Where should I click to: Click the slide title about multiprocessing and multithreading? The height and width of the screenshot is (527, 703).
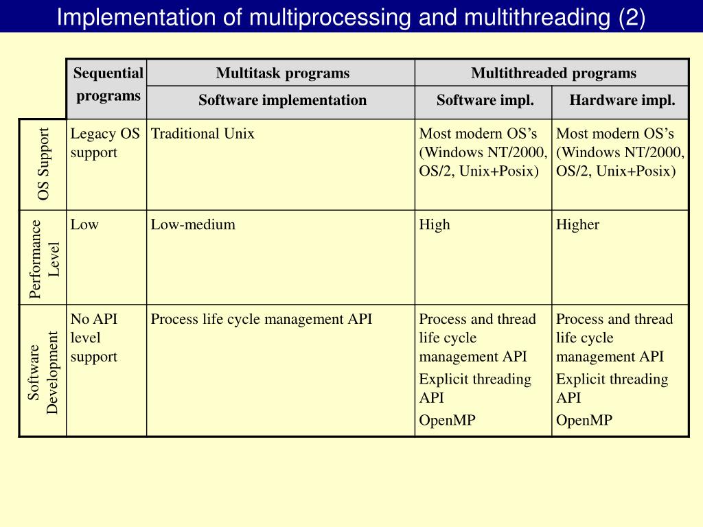(x=350, y=16)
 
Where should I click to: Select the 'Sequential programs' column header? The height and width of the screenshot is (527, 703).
(x=108, y=84)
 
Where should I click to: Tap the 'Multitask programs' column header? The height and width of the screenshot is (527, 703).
(x=282, y=73)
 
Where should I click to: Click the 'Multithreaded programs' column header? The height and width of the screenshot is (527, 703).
(x=553, y=73)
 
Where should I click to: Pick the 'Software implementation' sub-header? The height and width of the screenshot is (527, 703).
(x=282, y=100)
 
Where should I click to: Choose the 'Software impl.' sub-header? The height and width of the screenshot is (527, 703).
(x=485, y=100)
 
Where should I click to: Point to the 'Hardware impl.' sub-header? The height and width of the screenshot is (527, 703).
(x=622, y=100)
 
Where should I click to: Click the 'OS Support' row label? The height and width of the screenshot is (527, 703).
(x=44, y=164)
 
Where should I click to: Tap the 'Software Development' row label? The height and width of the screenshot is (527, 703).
(x=44, y=371)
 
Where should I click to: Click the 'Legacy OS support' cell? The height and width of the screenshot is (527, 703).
(x=104, y=143)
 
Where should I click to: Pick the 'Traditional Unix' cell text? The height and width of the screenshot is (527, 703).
(x=203, y=134)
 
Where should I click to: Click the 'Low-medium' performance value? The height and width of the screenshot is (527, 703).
(x=193, y=224)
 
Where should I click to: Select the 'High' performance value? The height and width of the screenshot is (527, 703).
(x=435, y=224)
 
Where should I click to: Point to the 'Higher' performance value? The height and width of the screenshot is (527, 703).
(x=577, y=224)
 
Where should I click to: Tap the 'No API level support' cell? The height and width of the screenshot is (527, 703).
(x=94, y=338)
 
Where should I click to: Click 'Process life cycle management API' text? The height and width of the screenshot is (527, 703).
(x=262, y=319)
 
